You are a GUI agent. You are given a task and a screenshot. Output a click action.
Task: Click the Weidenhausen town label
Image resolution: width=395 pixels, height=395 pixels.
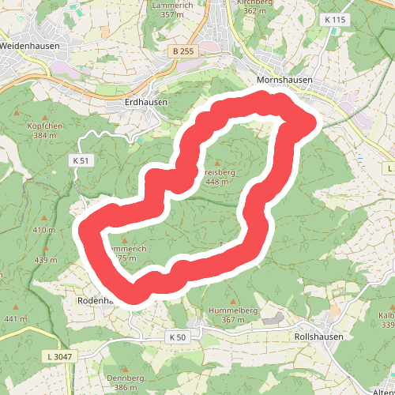click(30, 46)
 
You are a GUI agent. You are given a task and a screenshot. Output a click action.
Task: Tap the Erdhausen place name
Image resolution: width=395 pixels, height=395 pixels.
click(147, 103)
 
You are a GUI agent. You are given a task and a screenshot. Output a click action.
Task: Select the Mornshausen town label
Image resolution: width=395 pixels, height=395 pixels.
click(285, 80)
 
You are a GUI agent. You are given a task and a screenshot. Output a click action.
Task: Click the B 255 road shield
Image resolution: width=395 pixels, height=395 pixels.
click(181, 51)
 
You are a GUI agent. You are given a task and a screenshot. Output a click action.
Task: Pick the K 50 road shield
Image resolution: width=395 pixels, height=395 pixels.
click(178, 337)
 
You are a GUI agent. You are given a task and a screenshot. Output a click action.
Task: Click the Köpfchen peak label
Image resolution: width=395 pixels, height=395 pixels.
click(44, 126)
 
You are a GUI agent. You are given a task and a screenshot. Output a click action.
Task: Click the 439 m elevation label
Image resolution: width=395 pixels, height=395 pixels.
click(46, 260)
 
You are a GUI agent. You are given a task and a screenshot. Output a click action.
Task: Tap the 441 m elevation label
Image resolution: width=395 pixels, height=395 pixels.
click(15, 319)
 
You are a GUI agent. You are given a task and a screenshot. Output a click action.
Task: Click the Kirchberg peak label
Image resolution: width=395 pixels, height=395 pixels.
click(255, 3)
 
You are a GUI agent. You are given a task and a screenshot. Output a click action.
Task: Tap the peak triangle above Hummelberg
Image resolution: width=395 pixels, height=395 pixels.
click(232, 300)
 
